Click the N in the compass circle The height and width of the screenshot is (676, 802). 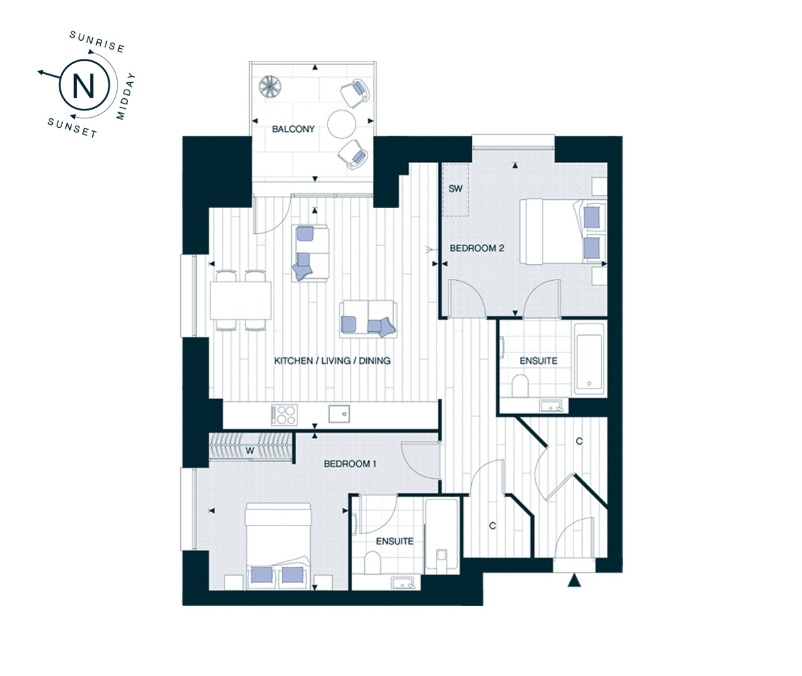(x=83, y=85)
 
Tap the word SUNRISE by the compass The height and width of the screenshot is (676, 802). (x=98, y=42)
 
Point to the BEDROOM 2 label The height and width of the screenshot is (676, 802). (x=477, y=248)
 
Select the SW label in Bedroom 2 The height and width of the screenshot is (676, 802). (x=455, y=189)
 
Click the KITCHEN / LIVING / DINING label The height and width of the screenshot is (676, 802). (x=332, y=361)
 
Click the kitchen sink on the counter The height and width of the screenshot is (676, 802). (x=340, y=414)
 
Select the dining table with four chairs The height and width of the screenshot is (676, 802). (x=241, y=300)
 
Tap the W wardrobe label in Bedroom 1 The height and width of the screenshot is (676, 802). (x=250, y=451)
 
